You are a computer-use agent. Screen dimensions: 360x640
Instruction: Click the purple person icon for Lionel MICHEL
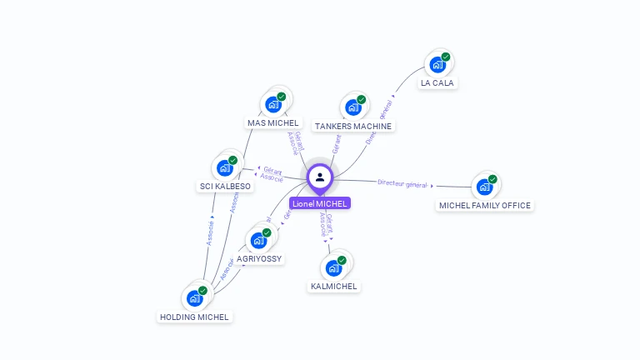click(x=320, y=177)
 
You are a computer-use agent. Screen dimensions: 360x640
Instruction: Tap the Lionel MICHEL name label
click(x=320, y=203)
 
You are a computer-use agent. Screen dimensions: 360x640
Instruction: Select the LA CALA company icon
click(x=437, y=64)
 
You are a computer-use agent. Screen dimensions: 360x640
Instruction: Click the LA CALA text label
click(x=437, y=83)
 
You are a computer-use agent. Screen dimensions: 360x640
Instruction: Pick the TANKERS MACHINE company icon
click(x=352, y=107)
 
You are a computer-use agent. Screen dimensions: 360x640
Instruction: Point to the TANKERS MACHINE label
click(x=352, y=127)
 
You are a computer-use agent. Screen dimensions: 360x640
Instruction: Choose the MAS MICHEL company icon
click(x=272, y=104)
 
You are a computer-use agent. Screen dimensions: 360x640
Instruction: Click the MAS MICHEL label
click(x=272, y=123)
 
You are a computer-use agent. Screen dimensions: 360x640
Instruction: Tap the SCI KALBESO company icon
click(x=224, y=167)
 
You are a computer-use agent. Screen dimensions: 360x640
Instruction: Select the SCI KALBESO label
click(x=225, y=186)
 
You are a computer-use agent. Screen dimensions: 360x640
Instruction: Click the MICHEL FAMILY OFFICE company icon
click(x=484, y=186)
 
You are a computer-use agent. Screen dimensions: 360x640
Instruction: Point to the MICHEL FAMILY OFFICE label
click(x=484, y=205)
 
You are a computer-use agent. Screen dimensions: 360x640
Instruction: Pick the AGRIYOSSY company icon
click(x=259, y=240)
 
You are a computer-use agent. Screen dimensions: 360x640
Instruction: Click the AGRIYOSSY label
click(x=260, y=259)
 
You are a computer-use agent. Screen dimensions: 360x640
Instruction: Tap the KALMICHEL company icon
click(x=333, y=267)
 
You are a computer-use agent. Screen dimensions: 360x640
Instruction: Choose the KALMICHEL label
click(x=333, y=287)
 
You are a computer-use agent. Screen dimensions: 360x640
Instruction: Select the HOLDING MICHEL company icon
click(x=194, y=297)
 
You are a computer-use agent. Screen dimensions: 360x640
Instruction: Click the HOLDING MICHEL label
click(x=194, y=317)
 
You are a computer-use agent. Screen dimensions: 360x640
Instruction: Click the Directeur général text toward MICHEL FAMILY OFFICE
click(x=402, y=183)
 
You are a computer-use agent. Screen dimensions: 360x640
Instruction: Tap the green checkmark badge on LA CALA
click(x=446, y=57)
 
